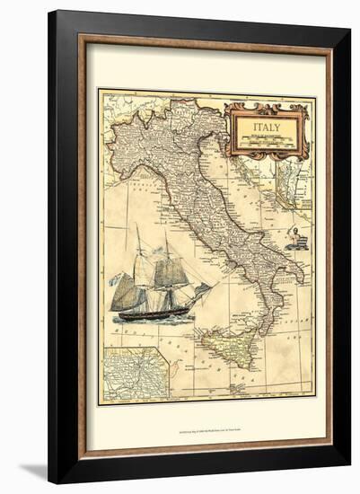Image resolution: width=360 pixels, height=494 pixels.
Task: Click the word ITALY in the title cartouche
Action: pyautogui.click(x=265, y=128)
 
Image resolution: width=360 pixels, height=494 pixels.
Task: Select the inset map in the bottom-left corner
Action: pyautogui.click(x=135, y=373)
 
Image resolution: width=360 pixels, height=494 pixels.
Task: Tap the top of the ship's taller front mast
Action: pyautogui.click(x=165, y=233)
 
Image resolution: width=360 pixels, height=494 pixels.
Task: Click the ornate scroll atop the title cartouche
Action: pyautogui.click(x=266, y=108)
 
